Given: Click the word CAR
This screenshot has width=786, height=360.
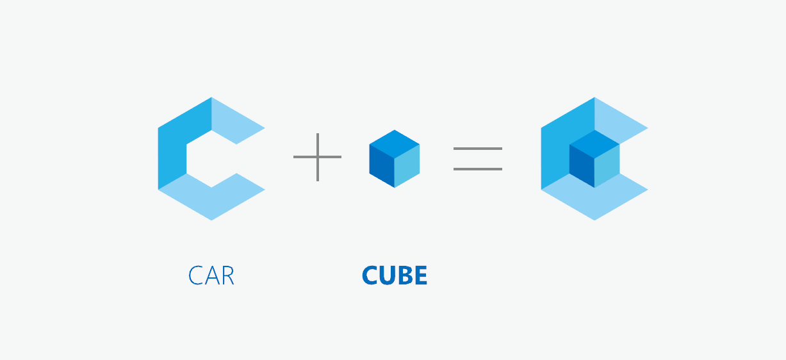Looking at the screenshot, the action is (x=211, y=275).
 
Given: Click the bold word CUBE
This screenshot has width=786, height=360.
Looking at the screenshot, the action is (x=395, y=275).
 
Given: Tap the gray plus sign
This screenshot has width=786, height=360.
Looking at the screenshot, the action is (x=318, y=157).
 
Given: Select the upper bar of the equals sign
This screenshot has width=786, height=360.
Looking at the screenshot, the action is (x=478, y=149).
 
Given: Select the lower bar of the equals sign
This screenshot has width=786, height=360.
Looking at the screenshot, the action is (x=478, y=169).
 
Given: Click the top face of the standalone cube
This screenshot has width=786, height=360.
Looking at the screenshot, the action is (x=395, y=144).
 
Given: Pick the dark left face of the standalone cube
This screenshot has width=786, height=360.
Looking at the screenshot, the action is (x=382, y=166).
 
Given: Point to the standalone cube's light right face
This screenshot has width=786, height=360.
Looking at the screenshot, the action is (x=407, y=166).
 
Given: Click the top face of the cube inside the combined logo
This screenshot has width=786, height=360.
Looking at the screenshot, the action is (x=594, y=144).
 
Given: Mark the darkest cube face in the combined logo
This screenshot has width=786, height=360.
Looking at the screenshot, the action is (x=582, y=166).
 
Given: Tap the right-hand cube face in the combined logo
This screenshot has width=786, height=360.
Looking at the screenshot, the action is (x=607, y=166).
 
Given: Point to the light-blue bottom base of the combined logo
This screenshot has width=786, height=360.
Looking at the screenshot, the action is (x=594, y=202).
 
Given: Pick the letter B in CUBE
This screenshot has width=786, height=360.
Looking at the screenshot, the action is (x=404, y=275).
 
